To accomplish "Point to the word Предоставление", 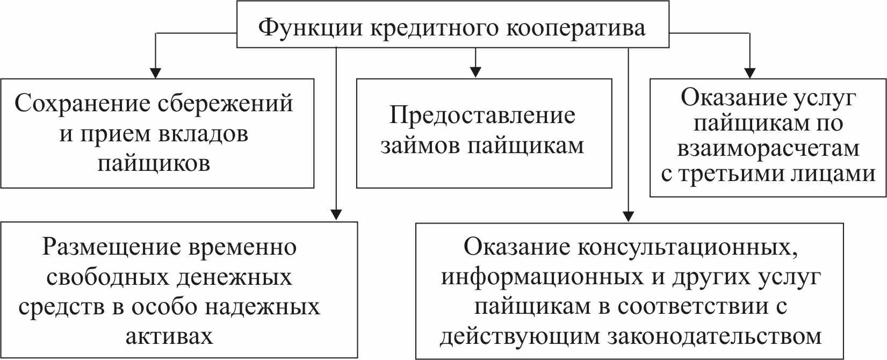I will pos(482,115).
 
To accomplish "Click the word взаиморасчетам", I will pos(768,148).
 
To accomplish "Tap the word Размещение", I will pos(111,247).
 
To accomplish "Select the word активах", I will pos(169,336).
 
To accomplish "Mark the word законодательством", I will pos(715,336).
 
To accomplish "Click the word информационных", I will pos(542,277).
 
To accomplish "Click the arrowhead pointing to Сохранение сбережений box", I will pos(156,73).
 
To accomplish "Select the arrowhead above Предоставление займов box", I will pos(475,72).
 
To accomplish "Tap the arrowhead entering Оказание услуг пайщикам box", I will pos(749,73).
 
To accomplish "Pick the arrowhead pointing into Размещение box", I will pos(336,215).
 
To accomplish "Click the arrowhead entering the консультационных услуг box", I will pos(628,217).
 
